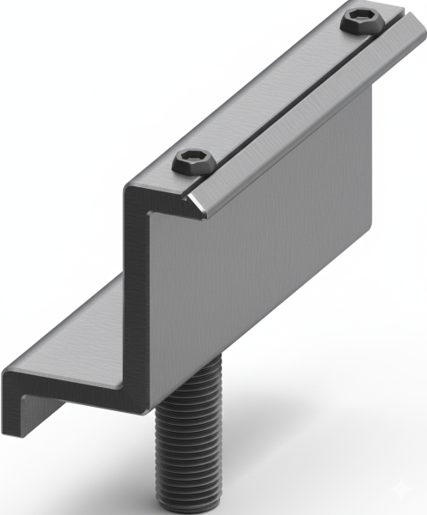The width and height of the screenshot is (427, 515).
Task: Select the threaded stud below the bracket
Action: pyautogui.click(x=190, y=446)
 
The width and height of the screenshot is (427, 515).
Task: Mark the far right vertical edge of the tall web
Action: pyautogui.click(x=371, y=172)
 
